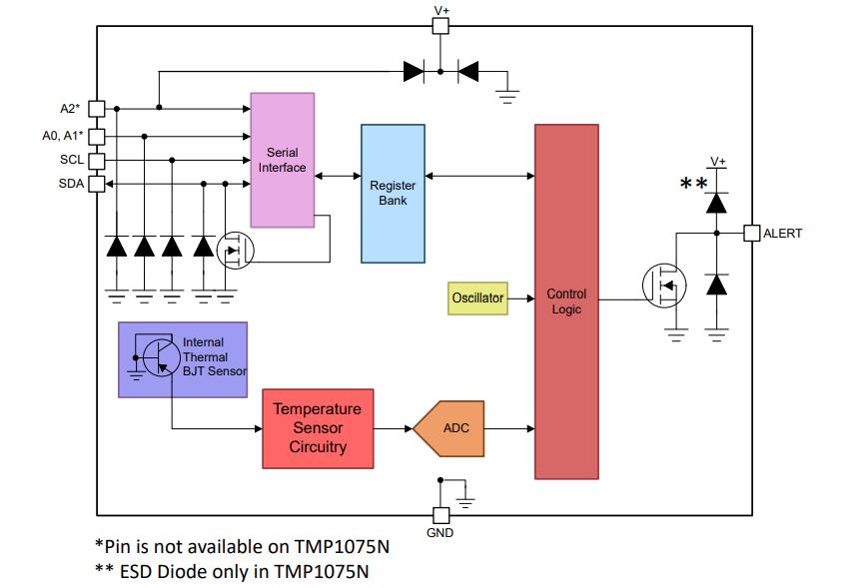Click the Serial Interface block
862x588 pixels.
coord(282,160)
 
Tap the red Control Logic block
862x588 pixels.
coord(566,300)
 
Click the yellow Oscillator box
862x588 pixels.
coord(476,297)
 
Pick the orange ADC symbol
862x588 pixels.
coord(450,428)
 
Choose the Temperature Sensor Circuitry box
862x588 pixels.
coord(318,428)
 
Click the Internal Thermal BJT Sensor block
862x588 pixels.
coord(183,359)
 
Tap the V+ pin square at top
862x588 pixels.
coord(440,26)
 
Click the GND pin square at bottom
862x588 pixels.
coord(439,515)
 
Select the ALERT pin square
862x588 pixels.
coord(752,234)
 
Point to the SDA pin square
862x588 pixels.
coord(97,184)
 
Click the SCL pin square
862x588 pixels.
coord(97,160)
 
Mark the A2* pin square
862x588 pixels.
coord(97,108)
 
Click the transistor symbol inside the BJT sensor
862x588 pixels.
coord(158,357)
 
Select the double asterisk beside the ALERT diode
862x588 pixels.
coord(693,184)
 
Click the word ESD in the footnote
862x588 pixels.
coord(139,571)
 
